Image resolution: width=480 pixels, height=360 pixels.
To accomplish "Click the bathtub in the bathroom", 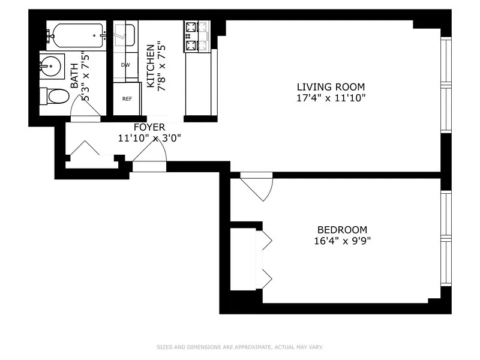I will [x=77, y=35].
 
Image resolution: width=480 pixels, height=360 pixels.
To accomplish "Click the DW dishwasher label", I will [x=126, y=65].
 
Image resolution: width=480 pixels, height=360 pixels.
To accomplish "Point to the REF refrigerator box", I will [x=127, y=99].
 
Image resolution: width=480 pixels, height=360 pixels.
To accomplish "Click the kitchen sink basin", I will [x=125, y=34].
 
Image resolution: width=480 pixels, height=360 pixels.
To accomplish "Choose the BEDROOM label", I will [x=342, y=230].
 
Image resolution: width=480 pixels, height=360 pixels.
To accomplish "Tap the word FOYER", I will [x=149, y=127].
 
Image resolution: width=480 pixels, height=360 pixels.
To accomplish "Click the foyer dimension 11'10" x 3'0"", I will [x=149, y=137].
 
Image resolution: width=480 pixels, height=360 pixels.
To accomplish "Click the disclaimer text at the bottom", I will [x=240, y=347].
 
